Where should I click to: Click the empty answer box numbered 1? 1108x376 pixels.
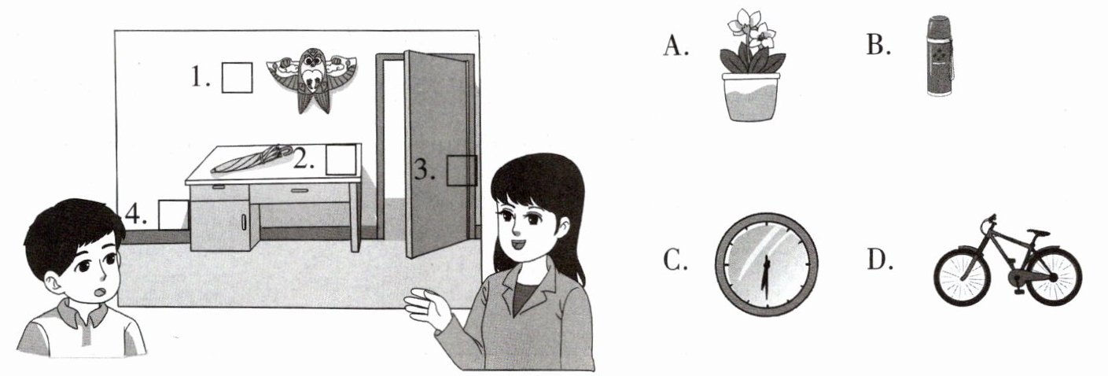pos(237,77)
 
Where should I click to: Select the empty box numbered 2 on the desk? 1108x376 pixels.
pos(340,160)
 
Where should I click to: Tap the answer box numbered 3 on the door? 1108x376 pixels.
pos(462,170)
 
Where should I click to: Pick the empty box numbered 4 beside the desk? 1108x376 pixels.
pos(173,214)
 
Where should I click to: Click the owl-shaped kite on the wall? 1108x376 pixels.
pos(310,78)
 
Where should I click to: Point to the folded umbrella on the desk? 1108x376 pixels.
pos(252,159)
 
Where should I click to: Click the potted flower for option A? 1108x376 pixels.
pos(752,70)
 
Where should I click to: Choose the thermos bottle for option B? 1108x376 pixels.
pos(939,56)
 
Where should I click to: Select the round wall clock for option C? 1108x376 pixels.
pos(766,264)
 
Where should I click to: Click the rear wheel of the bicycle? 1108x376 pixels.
pos(1053,276)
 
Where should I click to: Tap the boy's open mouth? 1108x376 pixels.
pos(99,292)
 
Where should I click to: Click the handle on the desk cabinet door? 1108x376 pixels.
pos(245,223)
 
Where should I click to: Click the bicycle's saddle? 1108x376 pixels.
pos(1038,233)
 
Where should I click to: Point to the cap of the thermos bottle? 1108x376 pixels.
pos(939,23)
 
